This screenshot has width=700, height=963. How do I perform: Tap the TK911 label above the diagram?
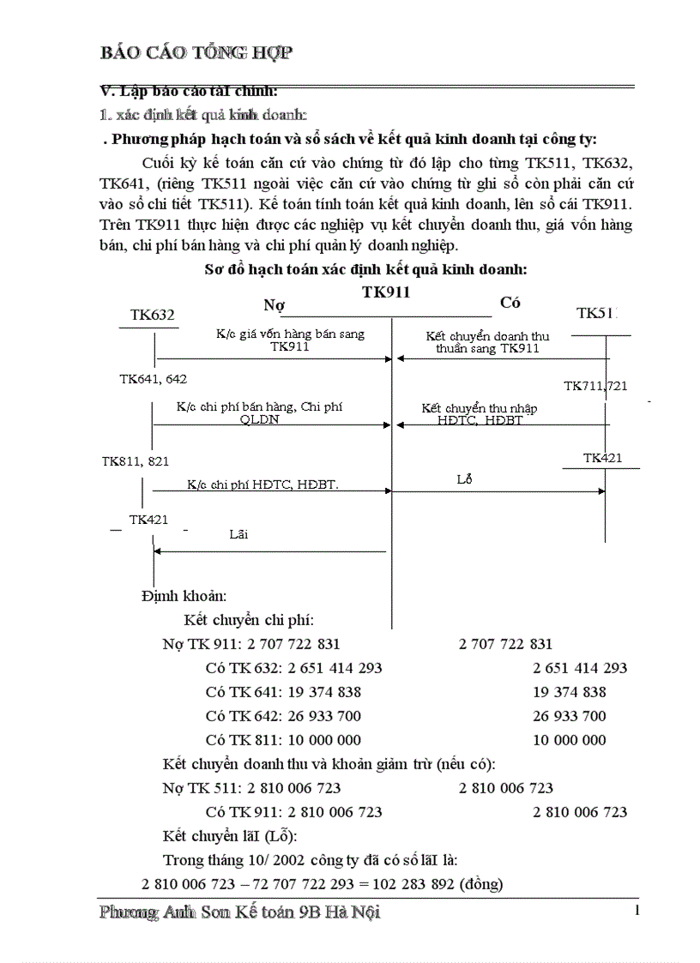[x=386, y=292]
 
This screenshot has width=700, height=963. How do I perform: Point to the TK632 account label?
[x=153, y=315]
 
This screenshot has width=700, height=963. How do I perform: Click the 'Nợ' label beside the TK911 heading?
[x=274, y=304]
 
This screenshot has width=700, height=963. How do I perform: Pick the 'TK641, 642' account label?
[x=153, y=378]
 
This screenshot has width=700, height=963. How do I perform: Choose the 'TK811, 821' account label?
[x=136, y=460]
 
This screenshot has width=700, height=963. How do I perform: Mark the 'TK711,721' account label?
[x=595, y=386]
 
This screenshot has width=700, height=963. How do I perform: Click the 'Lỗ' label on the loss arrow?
[x=465, y=479]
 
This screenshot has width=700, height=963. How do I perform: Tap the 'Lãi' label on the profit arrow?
[x=238, y=533]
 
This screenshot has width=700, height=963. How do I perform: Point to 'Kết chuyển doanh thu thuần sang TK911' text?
[x=487, y=342]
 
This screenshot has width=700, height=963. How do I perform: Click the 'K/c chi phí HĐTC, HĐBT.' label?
[x=262, y=485]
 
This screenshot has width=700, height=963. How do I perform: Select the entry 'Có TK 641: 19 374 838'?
[x=283, y=692]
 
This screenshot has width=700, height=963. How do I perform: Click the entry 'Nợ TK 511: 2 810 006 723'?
[x=251, y=787]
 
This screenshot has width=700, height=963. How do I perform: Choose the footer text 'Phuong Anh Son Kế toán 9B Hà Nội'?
[x=240, y=912]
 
